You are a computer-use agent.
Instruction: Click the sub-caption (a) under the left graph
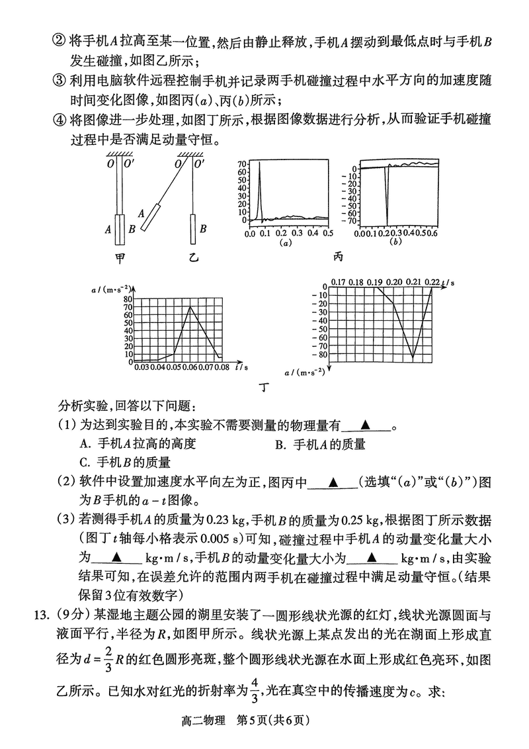pos(286,243)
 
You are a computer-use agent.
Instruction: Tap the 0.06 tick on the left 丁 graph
pos(190,367)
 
